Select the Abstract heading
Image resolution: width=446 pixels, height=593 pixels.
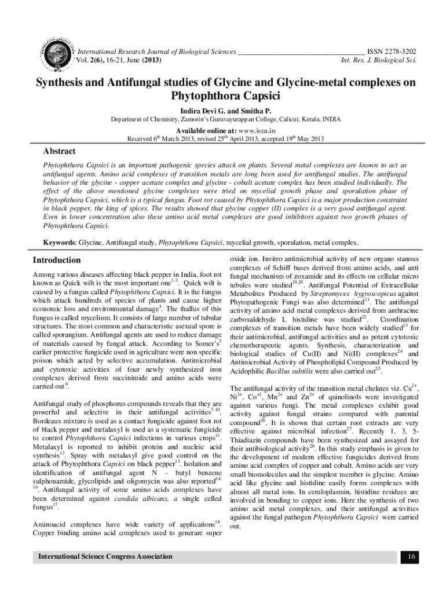click(x=60, y=151)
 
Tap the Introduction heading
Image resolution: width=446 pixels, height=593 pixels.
click(x=57, y=260)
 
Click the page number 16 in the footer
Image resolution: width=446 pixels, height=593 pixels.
click(x=410, y=557)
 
